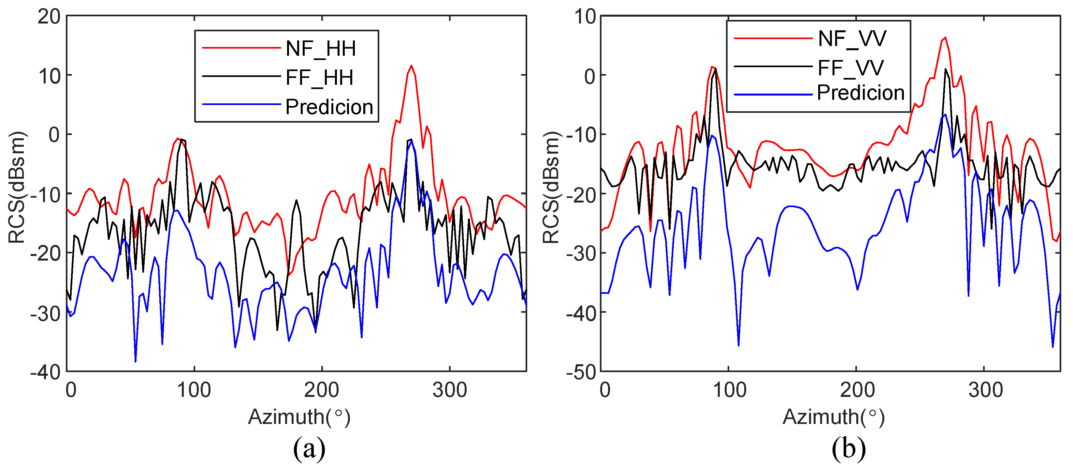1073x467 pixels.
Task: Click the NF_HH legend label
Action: (320, 49)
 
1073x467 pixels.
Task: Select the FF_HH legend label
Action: (319, 78)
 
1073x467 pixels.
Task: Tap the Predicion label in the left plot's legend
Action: (329, 107)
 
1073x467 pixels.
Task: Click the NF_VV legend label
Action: (852, 39)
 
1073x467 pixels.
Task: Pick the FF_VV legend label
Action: (850, 68)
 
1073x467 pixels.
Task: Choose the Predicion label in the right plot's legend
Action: (861, 93)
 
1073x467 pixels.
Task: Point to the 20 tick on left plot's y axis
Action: (49, 17)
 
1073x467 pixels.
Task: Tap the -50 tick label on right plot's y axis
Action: (581, 372)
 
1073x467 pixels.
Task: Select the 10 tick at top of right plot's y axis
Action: (585, 17)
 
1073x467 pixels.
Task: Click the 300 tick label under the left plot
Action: (449, 390)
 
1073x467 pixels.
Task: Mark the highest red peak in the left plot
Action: (411, 66)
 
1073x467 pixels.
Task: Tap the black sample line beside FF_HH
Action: (241, 76)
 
